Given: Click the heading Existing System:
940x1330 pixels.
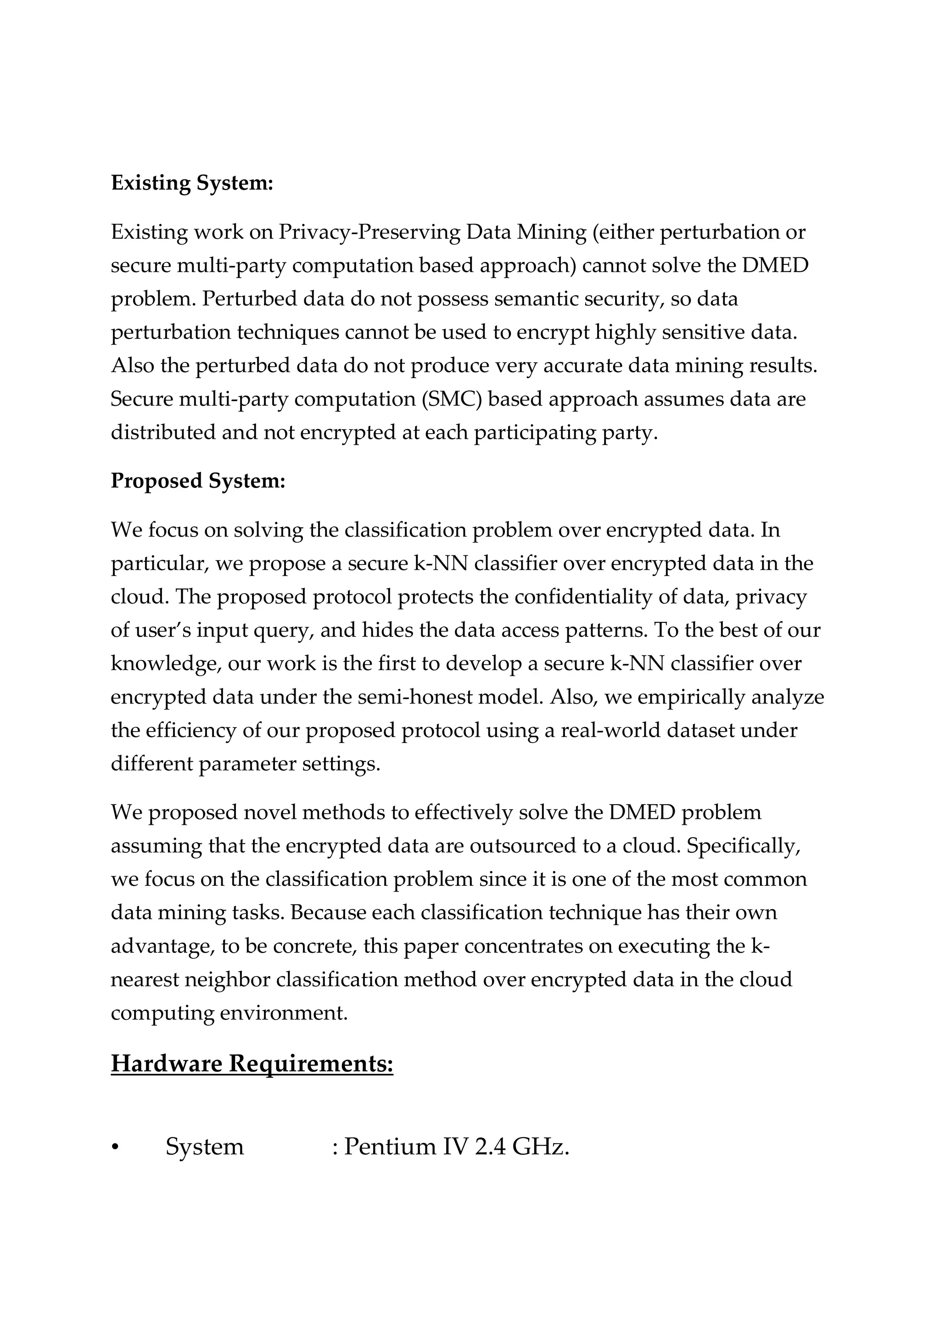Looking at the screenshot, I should click(x=192, y=183).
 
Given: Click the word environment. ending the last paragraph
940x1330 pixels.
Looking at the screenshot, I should click(x=284, y=1012).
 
